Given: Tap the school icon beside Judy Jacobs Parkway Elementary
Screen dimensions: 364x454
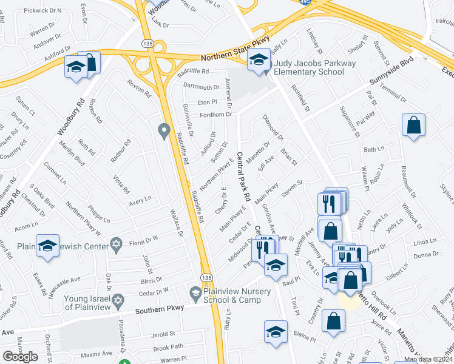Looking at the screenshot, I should pyautogui.click(x=258, y=59).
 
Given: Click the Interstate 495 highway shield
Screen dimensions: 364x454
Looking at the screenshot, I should pyautogui.click(x=305, y=2).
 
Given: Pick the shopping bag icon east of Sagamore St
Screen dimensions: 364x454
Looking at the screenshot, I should pyautogui.click(x=413, y=125).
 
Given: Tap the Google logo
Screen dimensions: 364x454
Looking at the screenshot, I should pyautogui.click(x=20, y=357).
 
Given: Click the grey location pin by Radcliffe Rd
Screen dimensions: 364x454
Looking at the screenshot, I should pyautogui.click(x=163, y=130).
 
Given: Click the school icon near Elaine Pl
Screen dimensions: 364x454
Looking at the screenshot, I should pyautogui.click(x=275, y=332).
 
